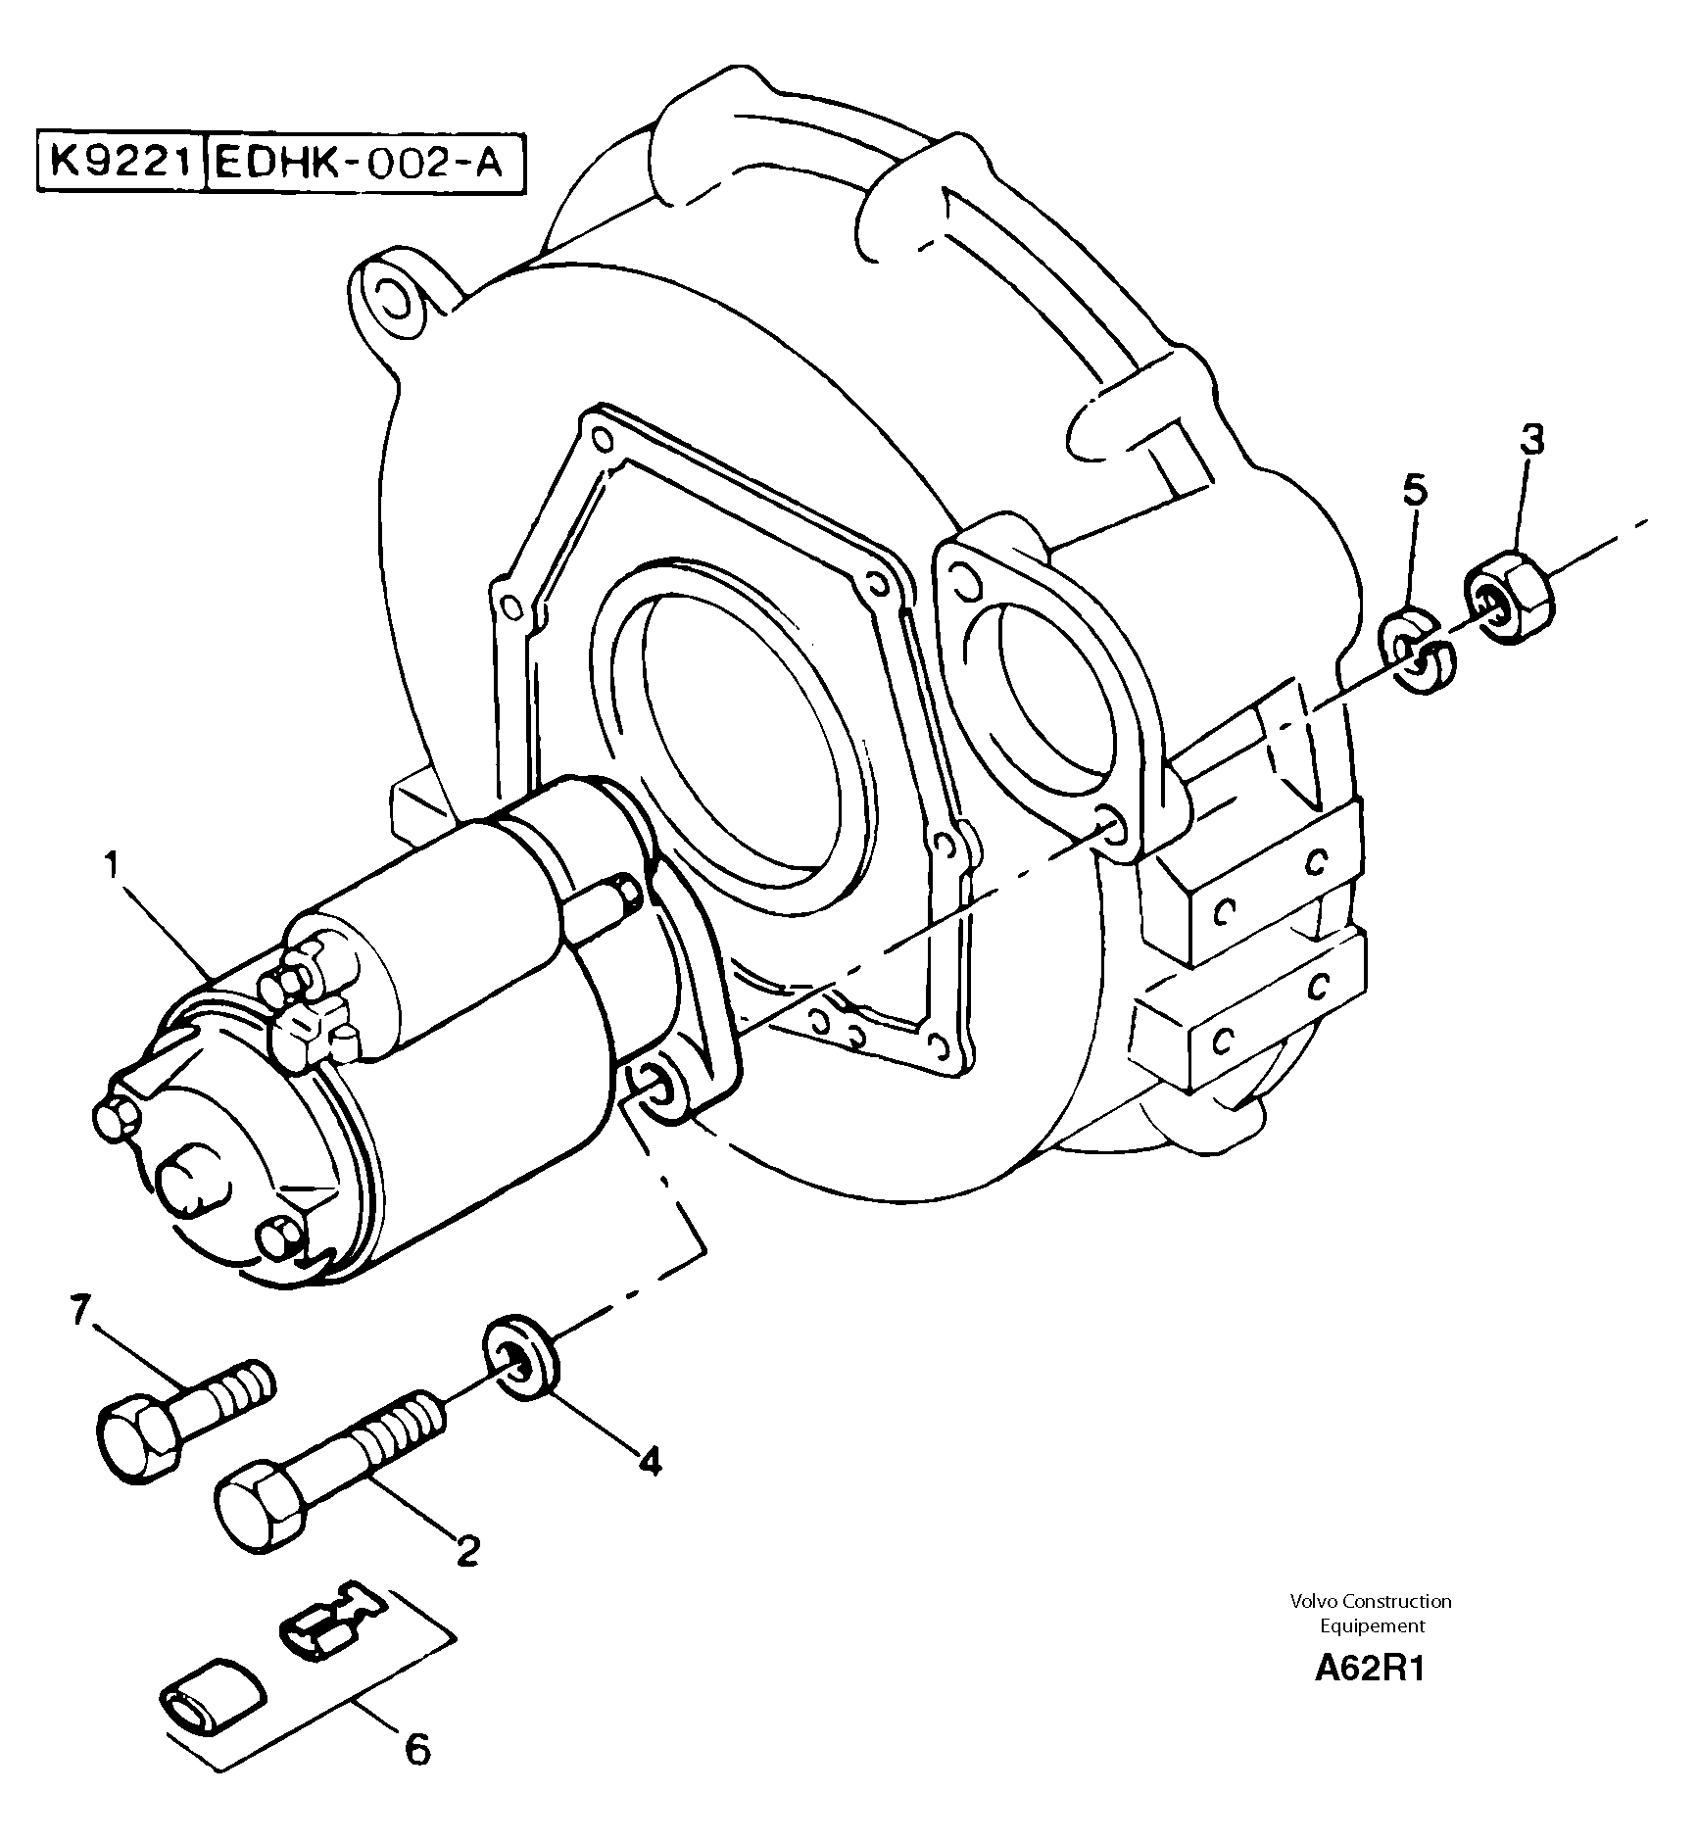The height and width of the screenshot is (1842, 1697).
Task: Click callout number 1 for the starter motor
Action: click(114, 866)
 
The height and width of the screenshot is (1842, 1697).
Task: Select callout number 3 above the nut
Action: click(1531, 440)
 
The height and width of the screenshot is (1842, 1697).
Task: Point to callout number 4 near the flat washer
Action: click(649, 1462)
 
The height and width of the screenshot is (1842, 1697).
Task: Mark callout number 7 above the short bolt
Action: click(81, 1310)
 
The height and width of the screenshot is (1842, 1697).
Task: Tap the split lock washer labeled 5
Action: click(1418, 652)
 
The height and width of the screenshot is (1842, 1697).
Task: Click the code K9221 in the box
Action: click(119, 160)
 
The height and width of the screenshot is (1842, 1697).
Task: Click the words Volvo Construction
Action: click(1370, 1601)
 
